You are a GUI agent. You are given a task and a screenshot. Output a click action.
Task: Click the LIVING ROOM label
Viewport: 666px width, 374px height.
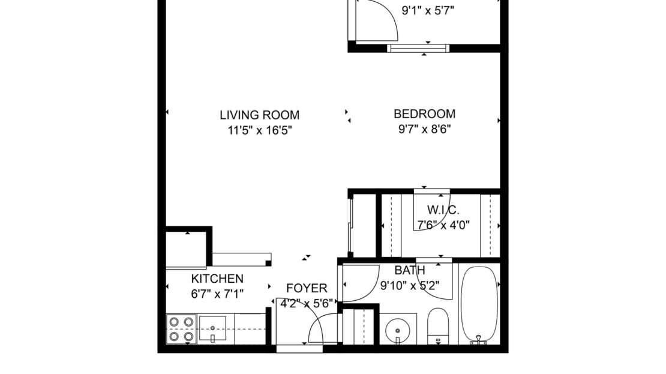coord(259,115)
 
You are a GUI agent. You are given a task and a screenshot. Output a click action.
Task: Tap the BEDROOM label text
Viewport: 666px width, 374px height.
coord(424,113)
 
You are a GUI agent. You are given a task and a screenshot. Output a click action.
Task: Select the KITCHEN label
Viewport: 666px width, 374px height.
coord(217,279)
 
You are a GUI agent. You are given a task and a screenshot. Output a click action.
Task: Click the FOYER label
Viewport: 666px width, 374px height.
coord(307,288)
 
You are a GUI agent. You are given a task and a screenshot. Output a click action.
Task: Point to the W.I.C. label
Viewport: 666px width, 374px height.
coord(443,210)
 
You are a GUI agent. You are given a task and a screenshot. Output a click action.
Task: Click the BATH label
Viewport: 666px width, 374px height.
coord(410,271)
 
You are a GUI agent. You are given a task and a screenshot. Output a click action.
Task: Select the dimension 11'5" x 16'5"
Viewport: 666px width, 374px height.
coord(259,130)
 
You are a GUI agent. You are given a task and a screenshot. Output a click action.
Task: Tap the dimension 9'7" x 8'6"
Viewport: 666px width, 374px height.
coord(424,128)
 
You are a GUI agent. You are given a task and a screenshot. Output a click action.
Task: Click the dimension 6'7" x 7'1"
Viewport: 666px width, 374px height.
coord(217,294)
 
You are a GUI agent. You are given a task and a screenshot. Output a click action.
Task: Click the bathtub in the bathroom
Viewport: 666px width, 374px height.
coord(479,304)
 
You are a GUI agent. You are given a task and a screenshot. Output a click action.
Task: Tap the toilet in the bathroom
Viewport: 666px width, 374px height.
coord(437,325)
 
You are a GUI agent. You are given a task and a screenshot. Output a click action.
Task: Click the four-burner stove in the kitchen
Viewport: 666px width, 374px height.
coord(181,330)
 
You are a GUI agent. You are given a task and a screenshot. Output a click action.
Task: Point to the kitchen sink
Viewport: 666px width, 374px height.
coord(212,329)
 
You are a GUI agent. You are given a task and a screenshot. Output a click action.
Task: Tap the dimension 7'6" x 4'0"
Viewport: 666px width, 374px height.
coord(443,225)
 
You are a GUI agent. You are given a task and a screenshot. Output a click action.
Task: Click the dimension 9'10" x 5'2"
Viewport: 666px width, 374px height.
coord(416,286)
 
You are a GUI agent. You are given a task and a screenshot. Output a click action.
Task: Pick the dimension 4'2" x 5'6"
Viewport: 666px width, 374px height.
coord(307,303)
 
